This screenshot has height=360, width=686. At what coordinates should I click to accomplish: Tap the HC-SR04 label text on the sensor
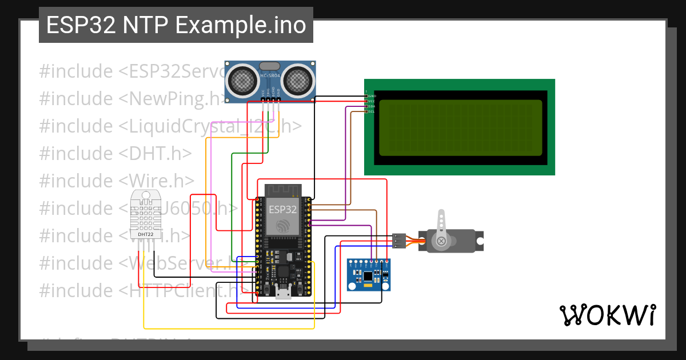[x=270, y=75]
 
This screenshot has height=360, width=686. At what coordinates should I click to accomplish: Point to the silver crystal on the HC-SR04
[x=270, y=66]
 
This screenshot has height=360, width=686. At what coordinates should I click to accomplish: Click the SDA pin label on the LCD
[x=371, y=106]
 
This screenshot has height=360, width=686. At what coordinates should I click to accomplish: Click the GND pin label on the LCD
[x=371, y=96]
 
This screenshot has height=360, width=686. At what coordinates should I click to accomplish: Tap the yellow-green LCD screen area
[x=460, y=127]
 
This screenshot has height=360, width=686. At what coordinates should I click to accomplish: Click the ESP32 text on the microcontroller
[x=283, y=209]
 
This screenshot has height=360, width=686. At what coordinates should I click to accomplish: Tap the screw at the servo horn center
[x=441, y=241]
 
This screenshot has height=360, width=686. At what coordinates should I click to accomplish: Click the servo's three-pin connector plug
[x=400, y=241]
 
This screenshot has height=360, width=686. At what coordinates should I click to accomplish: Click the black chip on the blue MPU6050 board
[x=368, y=277]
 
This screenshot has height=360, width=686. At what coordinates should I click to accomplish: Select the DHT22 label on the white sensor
[x=145, y=234]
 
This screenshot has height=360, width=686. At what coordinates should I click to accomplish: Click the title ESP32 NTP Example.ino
[x=176, y=25]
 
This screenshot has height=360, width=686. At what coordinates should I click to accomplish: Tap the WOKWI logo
[x=607, y=315]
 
